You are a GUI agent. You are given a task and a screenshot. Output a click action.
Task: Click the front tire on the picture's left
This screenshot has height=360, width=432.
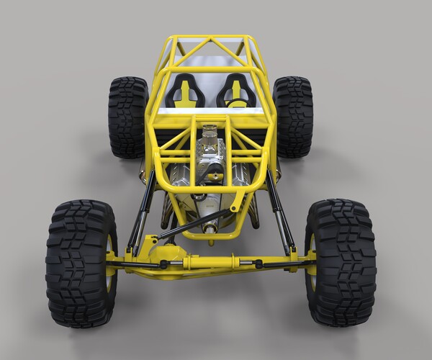[81, 263]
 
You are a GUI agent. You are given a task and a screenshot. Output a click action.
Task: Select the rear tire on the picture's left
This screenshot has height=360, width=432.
[127, 117]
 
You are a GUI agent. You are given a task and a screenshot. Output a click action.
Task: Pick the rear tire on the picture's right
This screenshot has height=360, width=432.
[294, 117]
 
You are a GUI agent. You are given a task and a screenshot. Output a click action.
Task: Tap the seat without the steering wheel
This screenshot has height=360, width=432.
[185, 91]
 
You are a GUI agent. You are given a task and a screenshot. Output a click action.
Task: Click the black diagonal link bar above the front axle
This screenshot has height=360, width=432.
[194, 224]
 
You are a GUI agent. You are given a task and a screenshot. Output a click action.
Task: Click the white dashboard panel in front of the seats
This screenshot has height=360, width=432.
[210, 111]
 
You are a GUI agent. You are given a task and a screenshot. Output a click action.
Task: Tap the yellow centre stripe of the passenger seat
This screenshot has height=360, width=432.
[185, 92]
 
